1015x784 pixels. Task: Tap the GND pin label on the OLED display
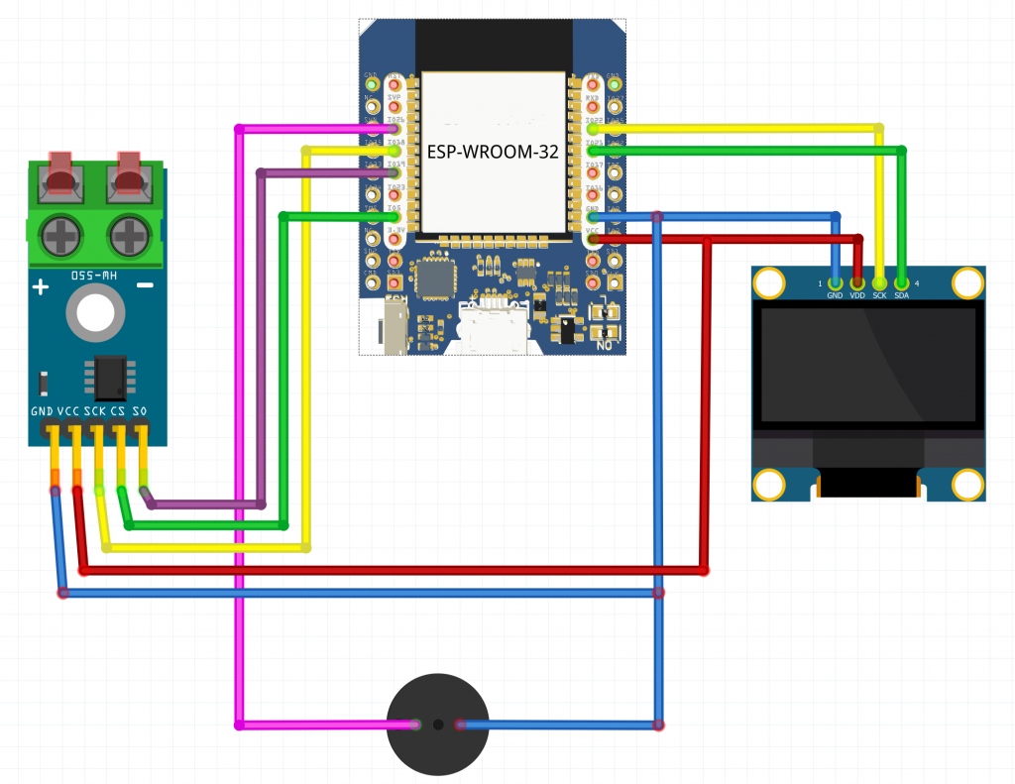tap(835, 295)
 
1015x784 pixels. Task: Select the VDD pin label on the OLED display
tap(857, 295)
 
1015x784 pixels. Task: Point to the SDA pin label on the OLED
tap(901, 295)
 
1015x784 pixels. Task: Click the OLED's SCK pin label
tap(879, 295)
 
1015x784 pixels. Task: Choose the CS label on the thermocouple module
tap(119, 410)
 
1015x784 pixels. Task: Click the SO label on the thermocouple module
tap(141, 410)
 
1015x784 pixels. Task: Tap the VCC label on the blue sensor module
tap(68, 410)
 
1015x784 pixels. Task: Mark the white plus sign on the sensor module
tap(41, 288)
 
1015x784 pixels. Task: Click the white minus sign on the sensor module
tap(145, 287)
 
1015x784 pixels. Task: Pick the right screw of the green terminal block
tap(128, 236)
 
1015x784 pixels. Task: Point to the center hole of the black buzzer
tap(437, 726)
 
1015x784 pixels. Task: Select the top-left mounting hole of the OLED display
tap(769, 283)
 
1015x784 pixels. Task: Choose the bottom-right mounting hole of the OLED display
tap(967, 485)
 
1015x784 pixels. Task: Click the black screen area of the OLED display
tap(868, 364)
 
